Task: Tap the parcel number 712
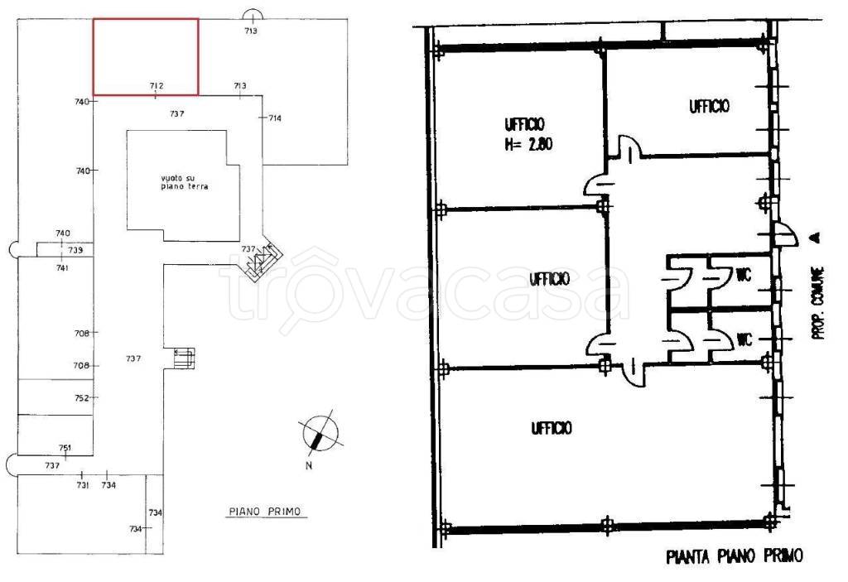click(x=157, y=85)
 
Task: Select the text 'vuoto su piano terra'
click(x=185, y=182)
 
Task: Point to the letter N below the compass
click(x=309, y=466)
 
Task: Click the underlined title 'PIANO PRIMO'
click(x=265, y=511)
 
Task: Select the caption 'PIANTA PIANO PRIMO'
click(x=735, y=556)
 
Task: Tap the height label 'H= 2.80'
click(x=528, y=144)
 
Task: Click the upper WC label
click(x=744, y=275)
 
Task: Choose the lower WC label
click(x=744, y=339)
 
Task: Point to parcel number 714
click(x=275, y=118)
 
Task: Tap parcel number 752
click(x=81, y=398)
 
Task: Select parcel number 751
click(x=65, y=448)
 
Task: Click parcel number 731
click(x=82, y=485)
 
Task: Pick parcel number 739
click(x=75, y=250)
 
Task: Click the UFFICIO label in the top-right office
click(x=709, y=106)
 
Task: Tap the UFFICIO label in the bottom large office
click(x=551, y=428)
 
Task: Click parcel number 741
click(x=62, y=267)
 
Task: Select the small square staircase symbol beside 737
click(x=185, y=358)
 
